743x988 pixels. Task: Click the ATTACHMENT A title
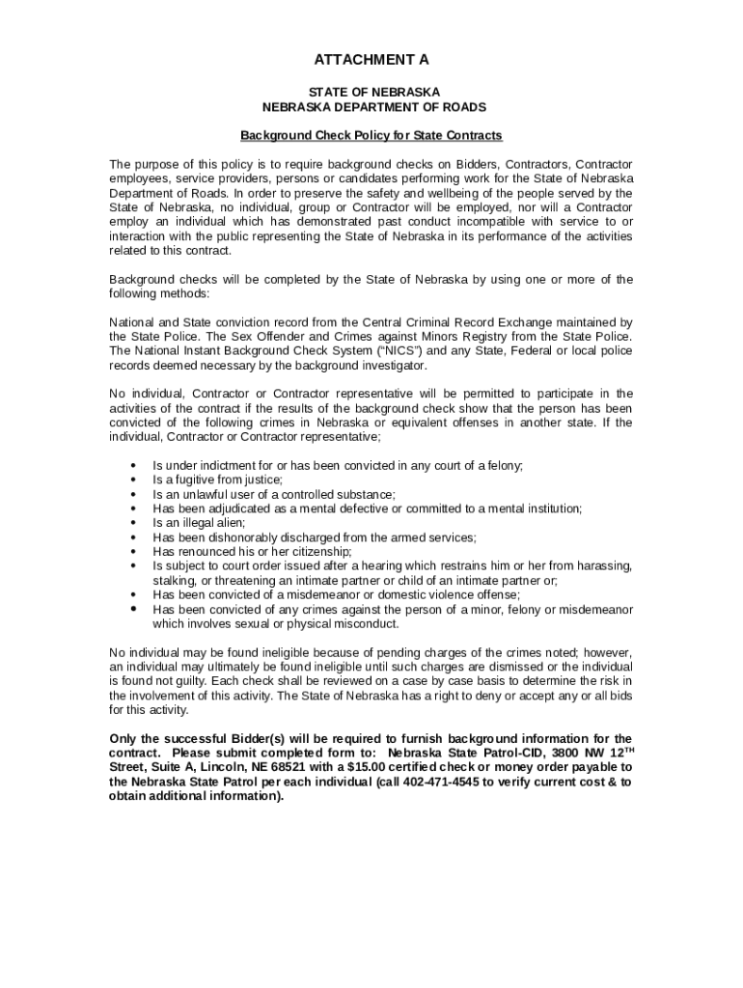371,60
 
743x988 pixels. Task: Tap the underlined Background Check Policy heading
371,135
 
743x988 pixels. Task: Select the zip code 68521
245,767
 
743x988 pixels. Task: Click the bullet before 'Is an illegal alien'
132,523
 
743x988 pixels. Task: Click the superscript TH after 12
625,749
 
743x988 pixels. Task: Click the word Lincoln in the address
177,767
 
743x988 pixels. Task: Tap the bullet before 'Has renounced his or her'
132,552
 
